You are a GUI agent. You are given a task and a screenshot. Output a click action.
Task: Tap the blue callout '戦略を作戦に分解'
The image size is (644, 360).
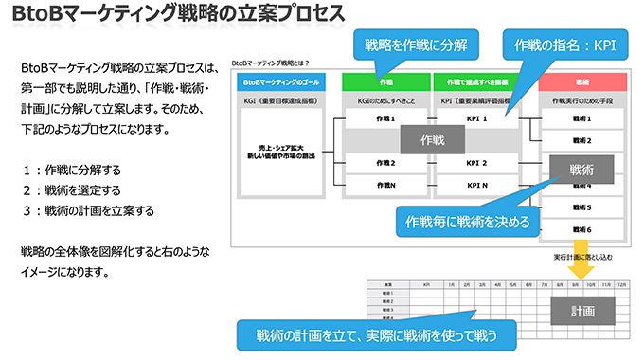410,45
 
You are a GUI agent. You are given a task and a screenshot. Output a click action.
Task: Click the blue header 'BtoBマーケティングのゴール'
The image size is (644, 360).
281,83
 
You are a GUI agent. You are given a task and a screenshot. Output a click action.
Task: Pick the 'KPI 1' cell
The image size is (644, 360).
476,119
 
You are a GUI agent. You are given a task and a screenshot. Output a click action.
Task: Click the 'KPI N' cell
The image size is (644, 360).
476,186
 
